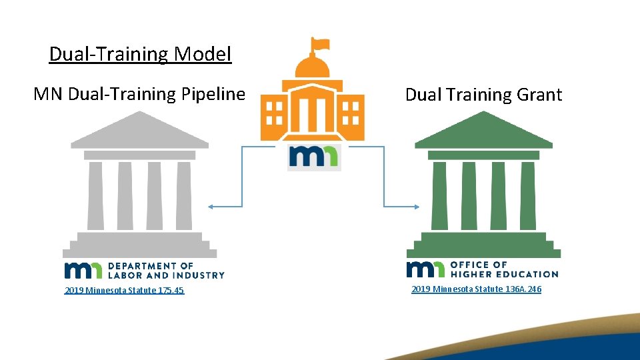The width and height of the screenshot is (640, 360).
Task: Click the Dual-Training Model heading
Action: [140, 53]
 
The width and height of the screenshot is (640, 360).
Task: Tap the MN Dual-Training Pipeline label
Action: [139, 94]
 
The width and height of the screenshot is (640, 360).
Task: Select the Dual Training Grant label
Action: [483, 95]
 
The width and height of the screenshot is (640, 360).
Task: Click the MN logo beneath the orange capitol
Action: [313, 157]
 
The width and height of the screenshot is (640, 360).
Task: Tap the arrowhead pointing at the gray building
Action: [211, 207]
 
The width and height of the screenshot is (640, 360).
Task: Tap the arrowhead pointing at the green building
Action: [416, 207]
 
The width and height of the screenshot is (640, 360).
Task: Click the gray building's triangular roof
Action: [139, 131]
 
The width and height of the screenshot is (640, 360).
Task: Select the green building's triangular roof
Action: [483, 131]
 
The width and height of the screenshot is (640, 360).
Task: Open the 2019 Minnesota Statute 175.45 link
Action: [124, 291]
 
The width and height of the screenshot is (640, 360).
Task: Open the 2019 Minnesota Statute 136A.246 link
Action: [476, 289]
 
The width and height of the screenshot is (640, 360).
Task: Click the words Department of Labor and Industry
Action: [166, 270]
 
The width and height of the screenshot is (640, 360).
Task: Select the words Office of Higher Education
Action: [504, 269]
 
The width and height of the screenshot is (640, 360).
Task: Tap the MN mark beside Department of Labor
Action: [83, 269]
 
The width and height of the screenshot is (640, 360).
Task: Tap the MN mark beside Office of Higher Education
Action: [425, 269]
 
